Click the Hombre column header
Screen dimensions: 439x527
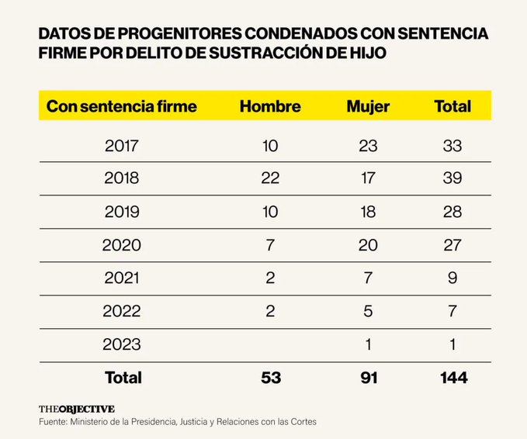pos(270,106)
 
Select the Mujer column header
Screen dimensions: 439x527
pos(368,106)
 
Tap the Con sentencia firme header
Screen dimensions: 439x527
pos(122,106)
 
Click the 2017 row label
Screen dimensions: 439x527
pos(122,145)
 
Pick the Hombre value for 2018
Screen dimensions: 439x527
pos(270,178)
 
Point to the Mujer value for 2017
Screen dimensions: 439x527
pos(368,145)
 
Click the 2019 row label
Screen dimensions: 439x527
pos(122,213)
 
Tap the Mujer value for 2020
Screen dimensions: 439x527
pos(368,246)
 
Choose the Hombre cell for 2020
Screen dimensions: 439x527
pos(270,246)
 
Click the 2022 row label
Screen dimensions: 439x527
pos(122,312)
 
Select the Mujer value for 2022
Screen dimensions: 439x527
pos(368,312)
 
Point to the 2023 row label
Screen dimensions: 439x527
pos(122,344)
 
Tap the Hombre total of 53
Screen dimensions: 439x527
pos(270,378)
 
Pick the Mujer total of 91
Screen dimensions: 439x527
pos(368,378)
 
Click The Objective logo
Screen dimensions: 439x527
pos(77,409)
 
